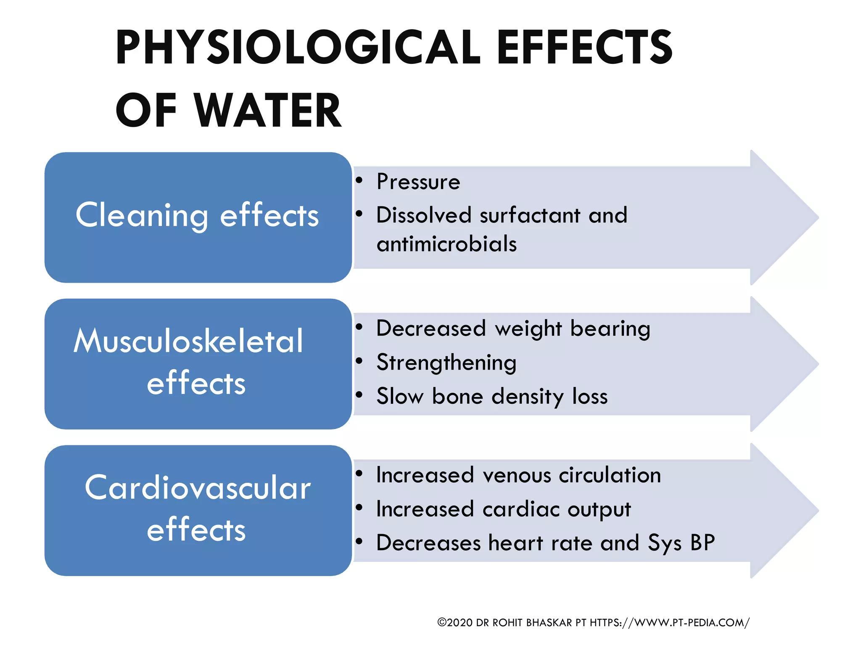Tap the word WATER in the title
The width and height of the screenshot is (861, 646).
point(268,110)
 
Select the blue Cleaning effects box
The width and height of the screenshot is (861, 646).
point(198,217)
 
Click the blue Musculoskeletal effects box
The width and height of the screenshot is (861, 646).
point(198,363)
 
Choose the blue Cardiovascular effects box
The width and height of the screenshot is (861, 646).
point(198,510)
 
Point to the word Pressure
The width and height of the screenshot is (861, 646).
point(418,182)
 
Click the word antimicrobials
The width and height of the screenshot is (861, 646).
point(446,244)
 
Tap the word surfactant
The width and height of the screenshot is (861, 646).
point(530,215)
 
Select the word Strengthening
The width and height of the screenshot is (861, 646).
point(446,363)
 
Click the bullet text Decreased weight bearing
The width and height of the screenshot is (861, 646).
point(513,328)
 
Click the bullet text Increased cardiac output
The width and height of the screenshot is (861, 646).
point(503,509)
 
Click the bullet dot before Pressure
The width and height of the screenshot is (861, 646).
point(359,180)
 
